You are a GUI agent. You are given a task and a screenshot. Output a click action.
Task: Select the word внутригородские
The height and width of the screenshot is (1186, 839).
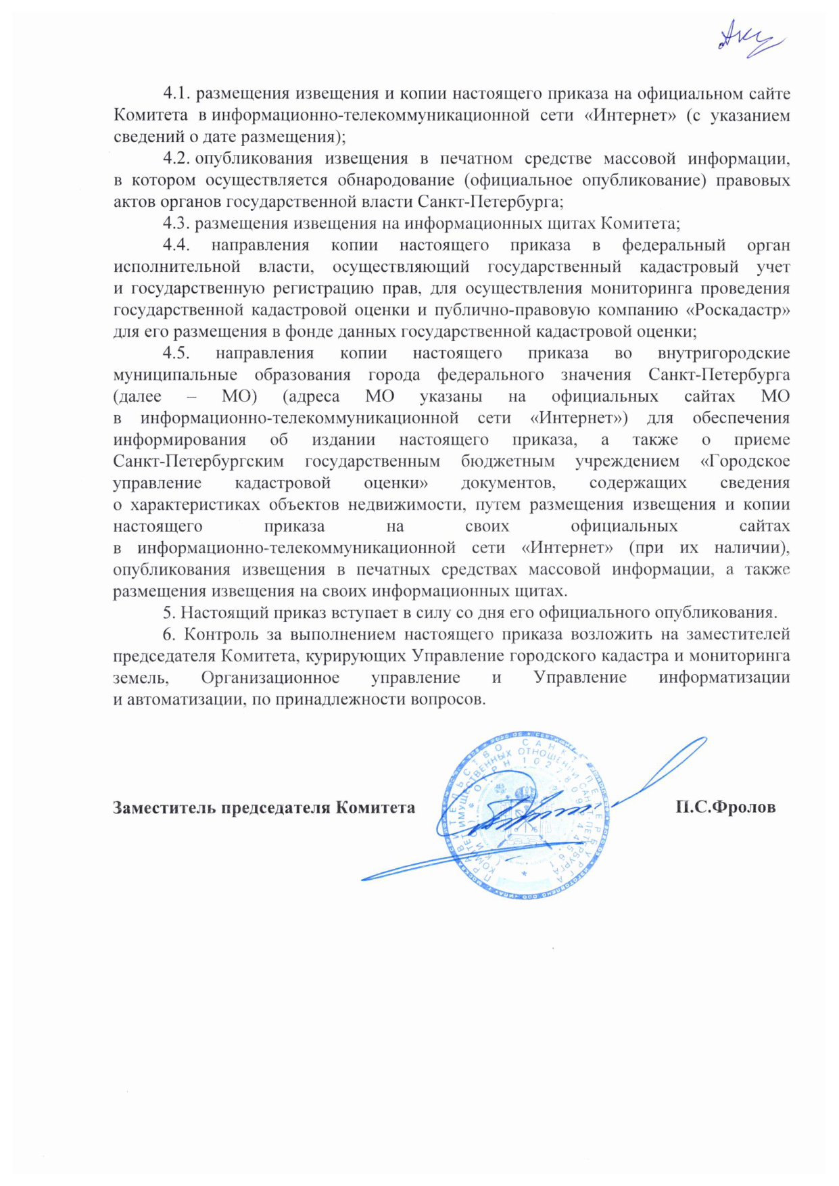723,353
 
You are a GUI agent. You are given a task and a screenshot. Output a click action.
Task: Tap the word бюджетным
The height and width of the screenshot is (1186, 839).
508,461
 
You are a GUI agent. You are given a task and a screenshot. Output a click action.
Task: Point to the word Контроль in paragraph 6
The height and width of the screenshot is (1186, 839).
221,634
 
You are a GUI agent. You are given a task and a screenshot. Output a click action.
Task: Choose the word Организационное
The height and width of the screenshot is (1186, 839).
270,678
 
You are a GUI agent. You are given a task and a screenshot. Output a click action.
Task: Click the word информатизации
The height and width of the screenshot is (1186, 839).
724,678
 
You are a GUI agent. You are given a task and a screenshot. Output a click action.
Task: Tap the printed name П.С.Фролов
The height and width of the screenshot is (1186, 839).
725,807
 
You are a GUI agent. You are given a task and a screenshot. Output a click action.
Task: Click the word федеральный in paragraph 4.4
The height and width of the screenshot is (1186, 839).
673,245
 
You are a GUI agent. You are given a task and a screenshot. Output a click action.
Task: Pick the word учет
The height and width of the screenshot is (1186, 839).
773,266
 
